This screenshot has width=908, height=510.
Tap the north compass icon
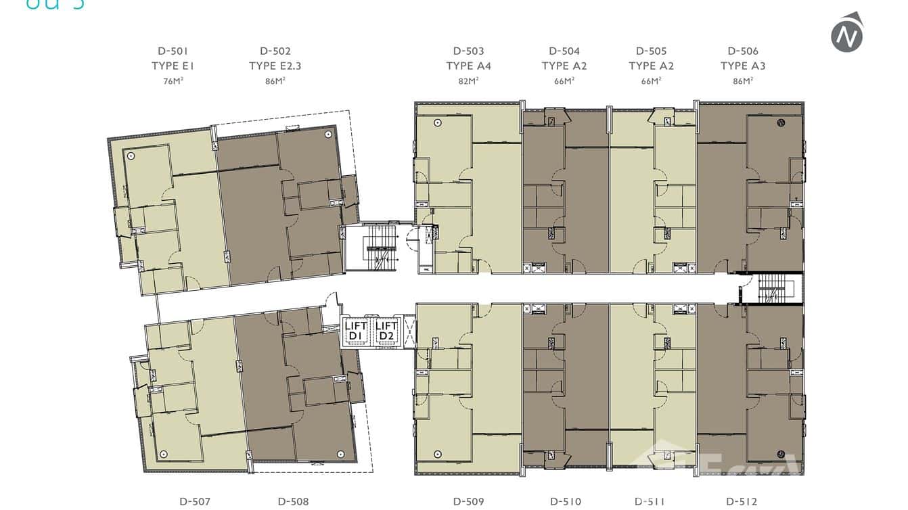click(x=847, y=33)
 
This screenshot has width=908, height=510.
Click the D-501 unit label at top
click(x=173, y=51)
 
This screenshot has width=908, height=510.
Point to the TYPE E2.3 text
click(x=275, y=66)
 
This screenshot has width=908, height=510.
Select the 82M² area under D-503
click(x=468, y=81)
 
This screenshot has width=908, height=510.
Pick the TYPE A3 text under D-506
click(x=742, y=66)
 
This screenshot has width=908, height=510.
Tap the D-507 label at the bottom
click(x=195, y=501)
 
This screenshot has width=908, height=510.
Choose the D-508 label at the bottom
click(x=293, y=501)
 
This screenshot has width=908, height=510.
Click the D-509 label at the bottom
click(x=468, y=501)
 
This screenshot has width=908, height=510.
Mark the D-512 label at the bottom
click(x=742, y=501)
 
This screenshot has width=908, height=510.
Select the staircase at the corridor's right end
click(x=771, y=289)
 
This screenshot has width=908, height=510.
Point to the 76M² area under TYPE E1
click(x=173, y=81)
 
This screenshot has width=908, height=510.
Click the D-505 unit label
click(x=651, y=51)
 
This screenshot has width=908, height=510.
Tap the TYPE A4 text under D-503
click(x=468, y=66)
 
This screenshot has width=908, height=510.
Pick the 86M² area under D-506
click(x=742, y=81)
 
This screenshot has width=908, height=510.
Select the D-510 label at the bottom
click(x=565, y=501)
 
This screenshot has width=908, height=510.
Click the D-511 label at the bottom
click(x=650, y=501)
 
